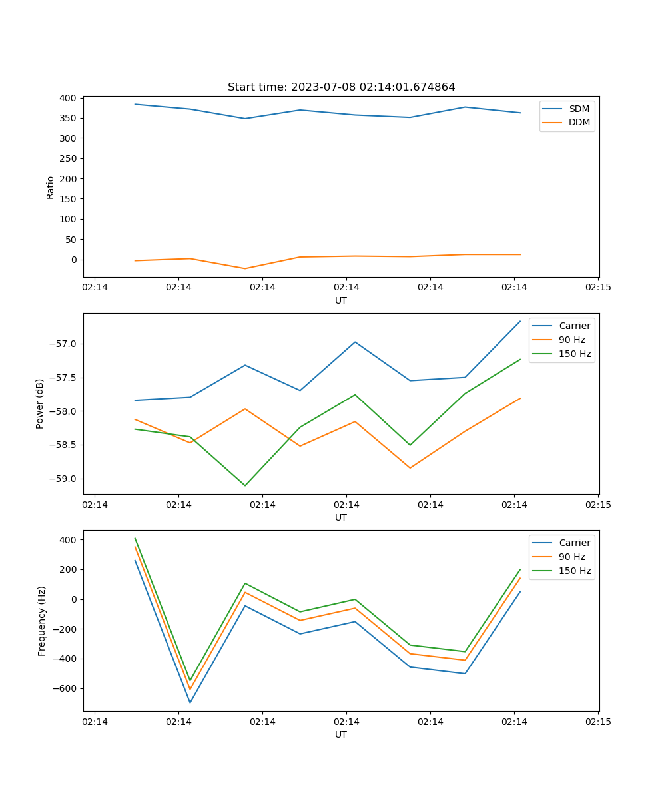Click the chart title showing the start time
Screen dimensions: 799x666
click(x=341, y=87)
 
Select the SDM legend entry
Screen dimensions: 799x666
click(x=579, y=109)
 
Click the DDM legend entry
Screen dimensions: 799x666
click(x=579, y=123)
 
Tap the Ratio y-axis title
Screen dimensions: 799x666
click(x=51, y=188)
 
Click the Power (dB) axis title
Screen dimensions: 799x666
click(x=40, y=403)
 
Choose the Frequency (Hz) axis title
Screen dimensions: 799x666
click(x=42, y=621)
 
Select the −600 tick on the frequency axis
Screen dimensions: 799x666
click(x=65, y=688)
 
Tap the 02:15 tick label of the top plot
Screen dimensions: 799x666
click(x=598, y=288)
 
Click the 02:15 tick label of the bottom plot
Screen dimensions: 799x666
click(x=598, y=722)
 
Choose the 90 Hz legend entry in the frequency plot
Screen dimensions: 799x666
click(x=572, y=557)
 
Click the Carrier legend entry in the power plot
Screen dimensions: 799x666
click(x=574, y=326)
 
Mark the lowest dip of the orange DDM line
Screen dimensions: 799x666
click(x=245, y=268)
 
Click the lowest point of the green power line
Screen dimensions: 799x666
click(x=245, y=485)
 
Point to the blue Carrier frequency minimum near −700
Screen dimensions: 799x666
click(x=190, y=702)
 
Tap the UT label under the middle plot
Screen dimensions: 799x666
click(x=341, y=517)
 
